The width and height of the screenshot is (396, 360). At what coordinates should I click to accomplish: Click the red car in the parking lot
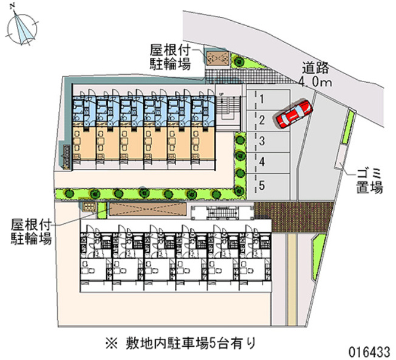click(x=294, y=114)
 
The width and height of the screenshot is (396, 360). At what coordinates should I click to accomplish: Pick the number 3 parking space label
click(x=262, y=141)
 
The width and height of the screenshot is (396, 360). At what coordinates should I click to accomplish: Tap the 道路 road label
click(x=316, y=67)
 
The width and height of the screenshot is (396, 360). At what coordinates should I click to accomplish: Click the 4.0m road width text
click(x=315, y=82)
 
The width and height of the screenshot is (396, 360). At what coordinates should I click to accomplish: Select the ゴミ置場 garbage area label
click(x=369, y=181)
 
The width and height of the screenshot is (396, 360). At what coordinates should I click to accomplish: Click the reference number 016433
click(x=369, y=351)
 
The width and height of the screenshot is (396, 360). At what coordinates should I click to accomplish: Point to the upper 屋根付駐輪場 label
click(x=170, y=57)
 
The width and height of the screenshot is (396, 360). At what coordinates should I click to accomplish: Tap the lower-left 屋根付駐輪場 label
click(x=32, y=232)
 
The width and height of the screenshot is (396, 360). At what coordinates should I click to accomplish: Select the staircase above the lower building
click(x=222, y=212)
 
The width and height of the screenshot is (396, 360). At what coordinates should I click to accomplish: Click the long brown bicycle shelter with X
click(x=148, y=209)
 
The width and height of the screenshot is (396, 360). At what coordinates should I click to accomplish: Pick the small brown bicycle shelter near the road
click(x=217, y=58)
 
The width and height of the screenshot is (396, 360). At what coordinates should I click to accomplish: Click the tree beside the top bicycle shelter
click(x=239, y=61)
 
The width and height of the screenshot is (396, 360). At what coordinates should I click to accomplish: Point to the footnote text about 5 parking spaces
click(x=181, y=344)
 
